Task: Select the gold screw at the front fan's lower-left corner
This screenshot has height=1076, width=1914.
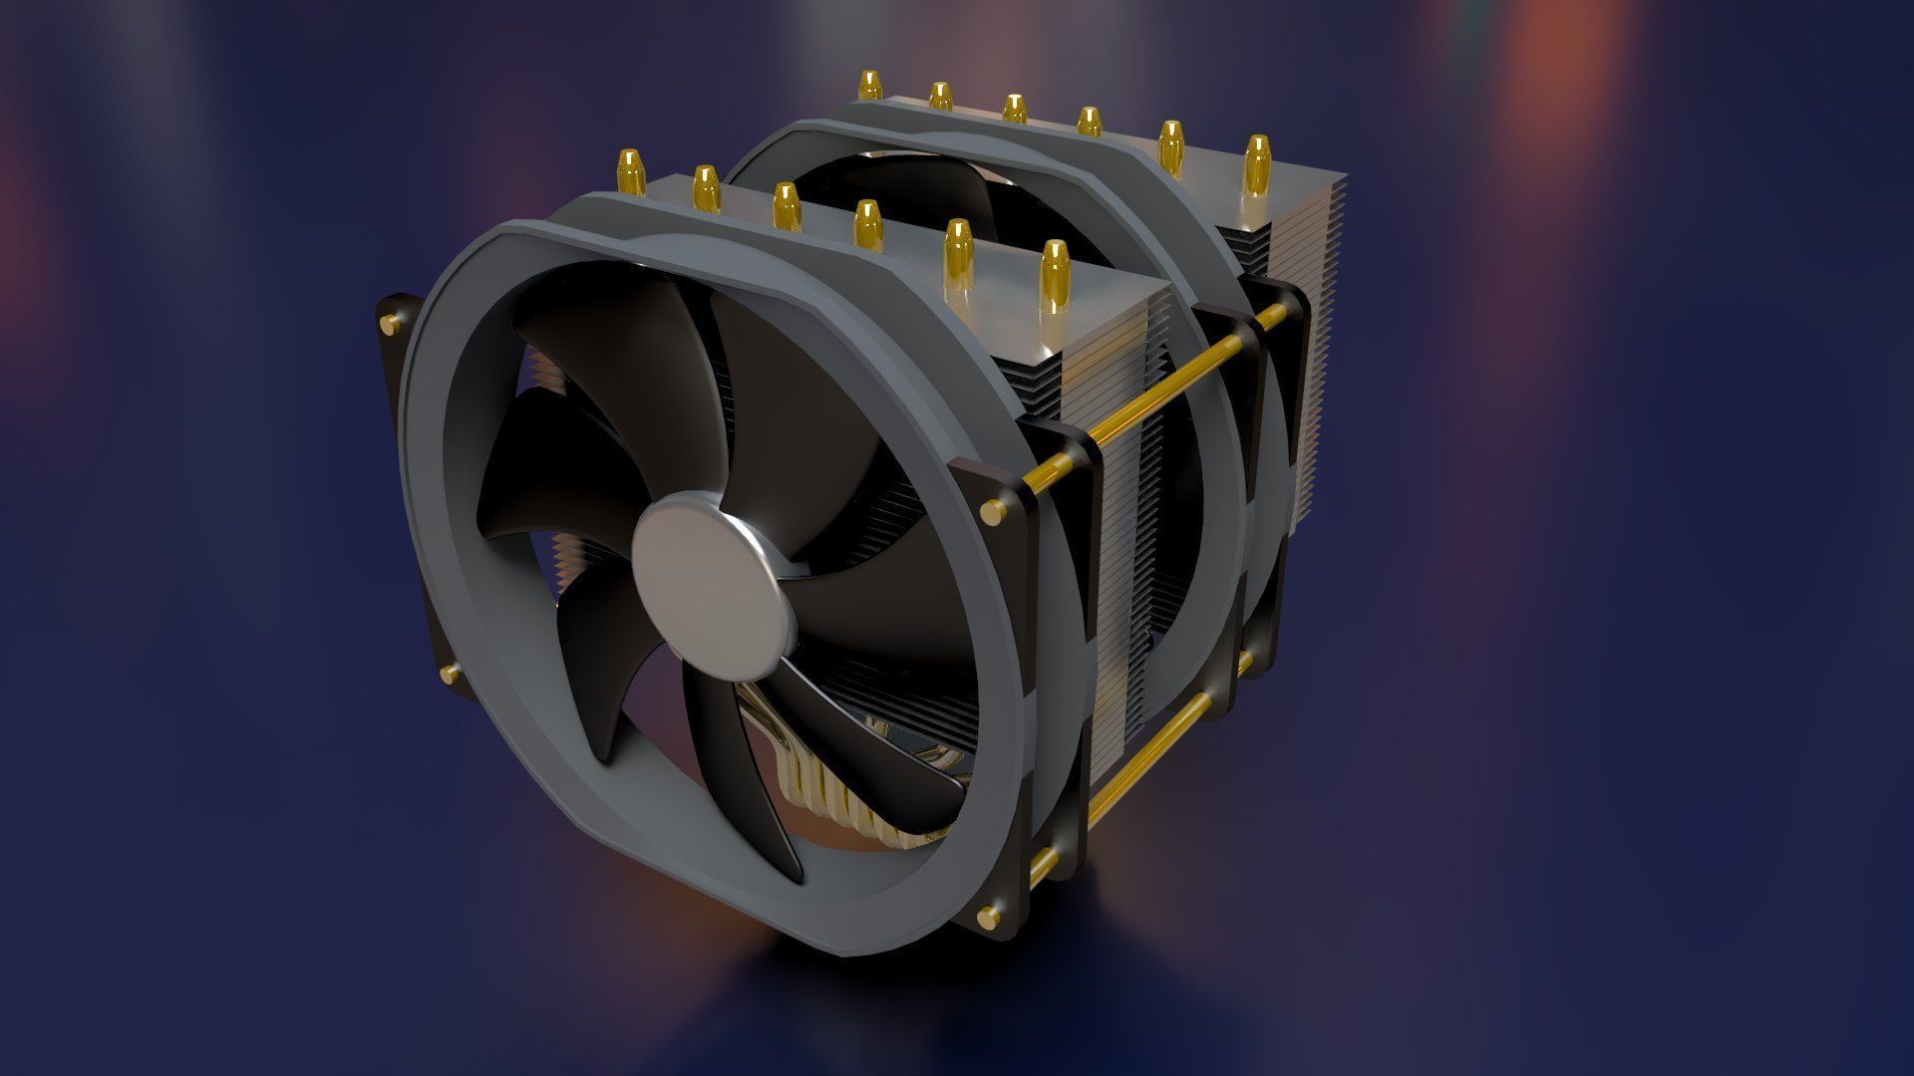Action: [x=448, y=673]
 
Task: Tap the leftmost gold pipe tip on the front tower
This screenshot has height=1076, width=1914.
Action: [x=629, y=171]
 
